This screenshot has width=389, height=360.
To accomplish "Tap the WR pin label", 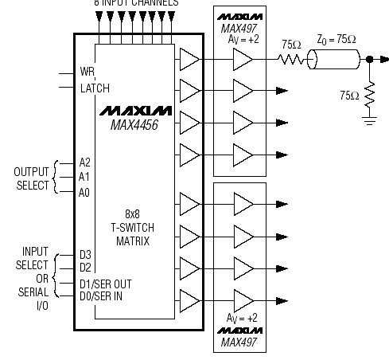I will pyautogui.click(x=88, y=72).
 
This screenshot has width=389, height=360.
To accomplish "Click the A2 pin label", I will pyautogui.click(x=85, y=162).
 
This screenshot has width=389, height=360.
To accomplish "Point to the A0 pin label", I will pyautogui.click(x=85, y=191).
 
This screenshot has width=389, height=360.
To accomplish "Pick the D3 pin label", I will pyautogui.click(x=85, y=254).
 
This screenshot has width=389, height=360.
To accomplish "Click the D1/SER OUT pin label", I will pyautogui.click(x=106, y=283).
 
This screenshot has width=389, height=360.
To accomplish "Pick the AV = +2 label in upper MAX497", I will pyautogui.click(x=243, y=40).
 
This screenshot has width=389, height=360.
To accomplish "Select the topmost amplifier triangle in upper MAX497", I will pyautogui.click(x=242, y=60).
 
